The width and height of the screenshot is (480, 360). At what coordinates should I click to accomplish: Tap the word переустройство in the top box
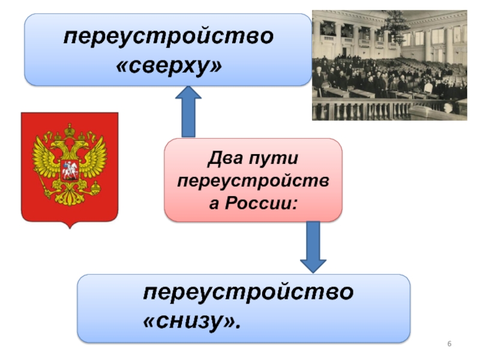click(169, 37)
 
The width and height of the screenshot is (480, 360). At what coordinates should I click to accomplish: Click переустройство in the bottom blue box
click(248, 293)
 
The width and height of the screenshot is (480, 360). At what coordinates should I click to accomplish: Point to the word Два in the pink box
click(224, 160)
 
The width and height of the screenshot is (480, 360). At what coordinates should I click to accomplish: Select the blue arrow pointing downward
click(313, 246)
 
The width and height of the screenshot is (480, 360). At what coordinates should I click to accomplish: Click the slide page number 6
click(448, 343)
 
